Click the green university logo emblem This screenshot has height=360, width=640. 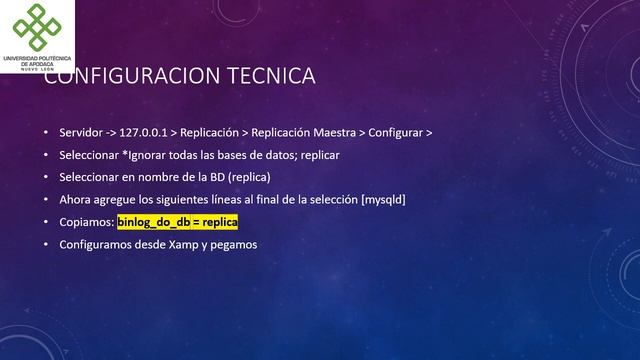coord(36,28)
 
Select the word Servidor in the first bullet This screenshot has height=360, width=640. coord(80,133)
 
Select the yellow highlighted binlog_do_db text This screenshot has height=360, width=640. coord(177,221)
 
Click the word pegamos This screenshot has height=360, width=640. coord(233,243)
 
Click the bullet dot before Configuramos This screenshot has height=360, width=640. coord(45,243)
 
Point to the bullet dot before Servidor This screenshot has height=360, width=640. coord(45,133)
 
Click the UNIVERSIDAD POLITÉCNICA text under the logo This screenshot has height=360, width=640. coord(36,58)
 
